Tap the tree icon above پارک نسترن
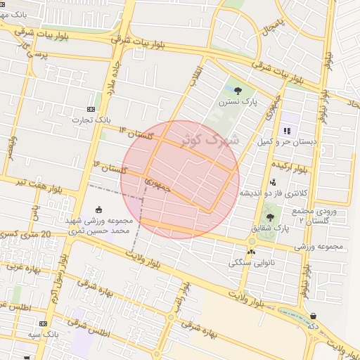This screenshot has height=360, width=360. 237,90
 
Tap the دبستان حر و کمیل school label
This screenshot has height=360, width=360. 286,142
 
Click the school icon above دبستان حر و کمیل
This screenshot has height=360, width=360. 287,131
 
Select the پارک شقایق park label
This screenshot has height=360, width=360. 270,229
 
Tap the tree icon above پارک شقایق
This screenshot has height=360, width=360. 270,217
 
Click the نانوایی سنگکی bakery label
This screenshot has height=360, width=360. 251,263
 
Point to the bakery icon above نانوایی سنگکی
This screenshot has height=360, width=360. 251,251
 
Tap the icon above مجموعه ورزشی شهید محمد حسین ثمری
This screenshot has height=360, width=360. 98,209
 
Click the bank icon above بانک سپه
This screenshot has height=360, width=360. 44,323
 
